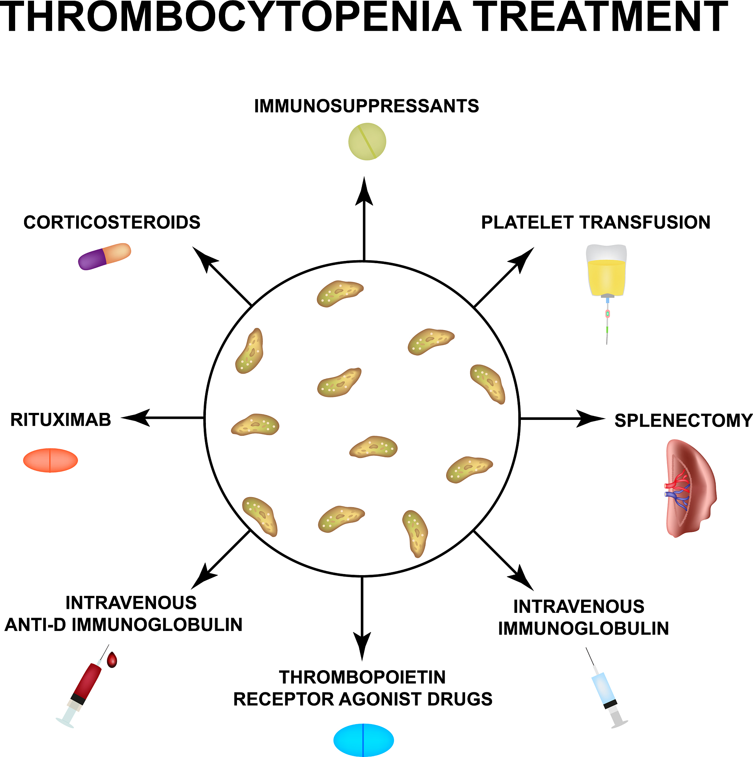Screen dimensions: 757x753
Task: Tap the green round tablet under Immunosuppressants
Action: pyautogui.click(x=367, y=142)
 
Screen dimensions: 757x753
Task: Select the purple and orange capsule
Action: pyautogui.click(x=105, y=257)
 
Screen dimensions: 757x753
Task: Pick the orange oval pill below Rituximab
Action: pyautogui.click(x=51, y=461)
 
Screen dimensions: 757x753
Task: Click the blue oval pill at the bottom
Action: pyautogui.click(x=363, y=740)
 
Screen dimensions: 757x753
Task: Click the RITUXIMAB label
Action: pyautogui.click(x=61, y=420)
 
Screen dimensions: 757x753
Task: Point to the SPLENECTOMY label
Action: pyautogui.click(x=683, y=420)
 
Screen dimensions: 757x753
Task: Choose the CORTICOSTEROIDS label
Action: pyautogui.click(x=112, y=222)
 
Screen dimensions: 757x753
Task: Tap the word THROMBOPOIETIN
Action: pyautogui.click(x=362, y=677)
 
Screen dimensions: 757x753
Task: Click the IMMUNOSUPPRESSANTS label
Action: pyautogui.click(x=366, y=106)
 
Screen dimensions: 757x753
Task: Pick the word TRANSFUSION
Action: pyautogui.click(x=645, y=222)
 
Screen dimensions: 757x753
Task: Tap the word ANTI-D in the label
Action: pyautogui.click(x=35, y=625)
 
